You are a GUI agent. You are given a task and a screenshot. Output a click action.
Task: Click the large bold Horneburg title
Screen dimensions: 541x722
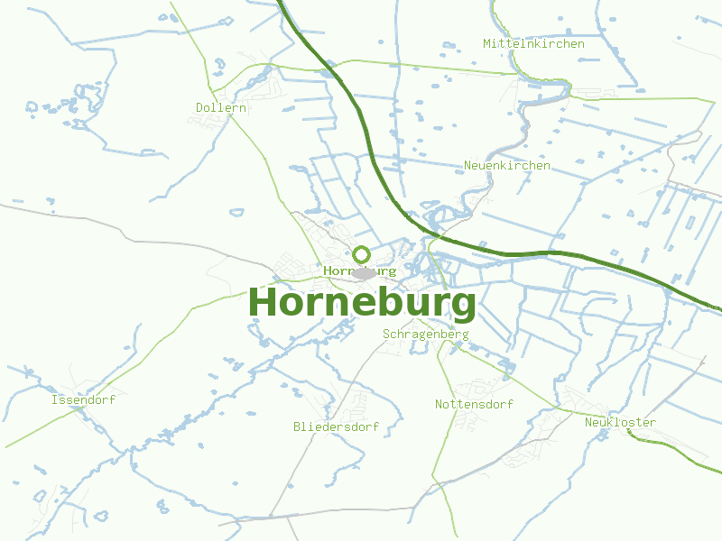coord(361,303)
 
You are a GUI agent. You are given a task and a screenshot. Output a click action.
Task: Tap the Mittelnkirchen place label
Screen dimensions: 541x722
coord(533,43)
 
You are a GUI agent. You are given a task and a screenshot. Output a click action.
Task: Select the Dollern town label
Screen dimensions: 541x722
coord(221,107)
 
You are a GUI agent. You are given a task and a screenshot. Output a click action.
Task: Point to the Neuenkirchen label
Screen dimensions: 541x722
coord(507,166)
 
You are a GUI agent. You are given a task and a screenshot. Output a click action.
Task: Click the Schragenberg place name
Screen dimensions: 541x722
coord(426,334)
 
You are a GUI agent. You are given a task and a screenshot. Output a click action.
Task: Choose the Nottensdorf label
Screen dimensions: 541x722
coord(474,404)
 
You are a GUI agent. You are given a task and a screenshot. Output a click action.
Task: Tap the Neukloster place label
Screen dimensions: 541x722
coord(620,422)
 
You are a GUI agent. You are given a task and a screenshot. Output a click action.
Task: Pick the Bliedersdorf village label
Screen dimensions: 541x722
coord(336,426)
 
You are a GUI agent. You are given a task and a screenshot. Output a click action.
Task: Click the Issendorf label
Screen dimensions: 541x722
coord(84,399)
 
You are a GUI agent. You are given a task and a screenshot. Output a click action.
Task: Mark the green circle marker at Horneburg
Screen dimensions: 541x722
coord(362,254)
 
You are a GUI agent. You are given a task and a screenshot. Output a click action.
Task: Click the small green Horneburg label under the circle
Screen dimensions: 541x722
coord(359,270)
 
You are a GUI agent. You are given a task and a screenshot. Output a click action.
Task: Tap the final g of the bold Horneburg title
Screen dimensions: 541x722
coord(463,307)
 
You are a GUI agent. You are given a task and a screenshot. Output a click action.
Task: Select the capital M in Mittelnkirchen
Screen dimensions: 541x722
coord(487,43)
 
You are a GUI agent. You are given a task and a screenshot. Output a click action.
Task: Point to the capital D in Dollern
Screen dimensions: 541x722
coord(199,107)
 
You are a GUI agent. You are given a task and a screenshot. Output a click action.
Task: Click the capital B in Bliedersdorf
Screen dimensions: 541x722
coord(297,426)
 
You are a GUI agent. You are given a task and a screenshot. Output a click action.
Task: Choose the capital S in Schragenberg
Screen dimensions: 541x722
coord(387,334)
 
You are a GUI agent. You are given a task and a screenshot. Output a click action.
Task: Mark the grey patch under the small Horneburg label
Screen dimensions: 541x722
coord(365,274)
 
